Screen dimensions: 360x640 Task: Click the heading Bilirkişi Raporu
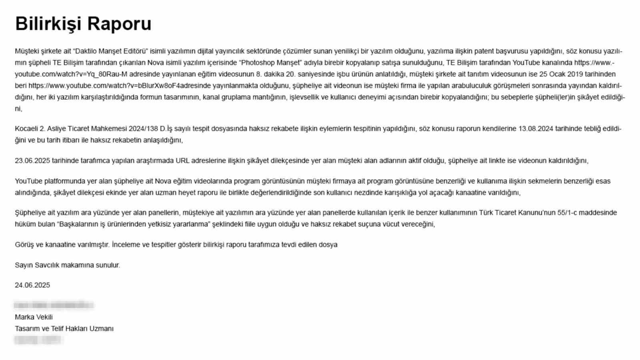click(83, 24)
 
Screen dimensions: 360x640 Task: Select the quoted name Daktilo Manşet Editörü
click(111, 51)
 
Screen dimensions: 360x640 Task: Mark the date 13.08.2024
click(536, 129)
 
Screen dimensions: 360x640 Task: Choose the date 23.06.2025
click(32, 161)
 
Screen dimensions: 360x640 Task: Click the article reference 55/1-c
click(567, 213)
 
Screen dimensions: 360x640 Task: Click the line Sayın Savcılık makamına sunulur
click(67, 265)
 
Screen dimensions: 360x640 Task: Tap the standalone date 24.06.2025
click(32, 285)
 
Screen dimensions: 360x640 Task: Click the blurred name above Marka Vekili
click(54, 306)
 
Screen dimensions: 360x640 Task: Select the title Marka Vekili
click(34, 317)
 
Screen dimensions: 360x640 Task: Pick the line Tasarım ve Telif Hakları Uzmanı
click(64, 329)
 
